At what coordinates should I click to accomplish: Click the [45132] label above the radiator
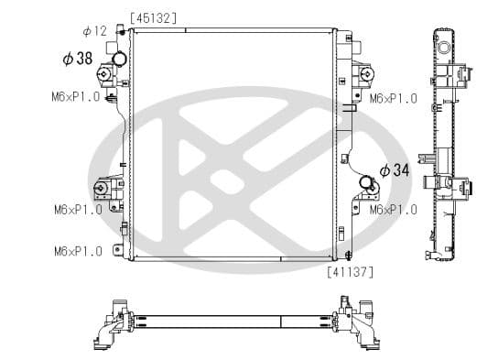click(x=154, y=17)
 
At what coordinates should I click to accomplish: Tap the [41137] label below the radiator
click(x=349, y=271)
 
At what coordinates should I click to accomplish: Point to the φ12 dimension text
click(x=95, y=31)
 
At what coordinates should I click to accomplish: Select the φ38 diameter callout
click(x=78, y=59)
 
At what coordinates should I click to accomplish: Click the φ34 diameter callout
click(x=394, y=169)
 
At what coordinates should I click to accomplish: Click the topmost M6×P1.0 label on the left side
click(x=77, y=97)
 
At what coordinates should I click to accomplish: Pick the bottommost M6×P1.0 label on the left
click(x=77, y=251)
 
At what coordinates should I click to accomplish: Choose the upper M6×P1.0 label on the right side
click(x=393, y=97)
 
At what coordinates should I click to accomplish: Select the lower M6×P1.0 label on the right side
click(x=393, y=210)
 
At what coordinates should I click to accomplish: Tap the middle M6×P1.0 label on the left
click(x=77, y=210)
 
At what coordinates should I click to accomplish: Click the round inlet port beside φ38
click(x=119, y=61)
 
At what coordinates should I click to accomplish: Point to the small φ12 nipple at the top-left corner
click(x=121, y=31)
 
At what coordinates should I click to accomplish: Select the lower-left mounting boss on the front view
click(x=98, y=191)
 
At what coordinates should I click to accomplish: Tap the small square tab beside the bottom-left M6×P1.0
click(x=117, y=250)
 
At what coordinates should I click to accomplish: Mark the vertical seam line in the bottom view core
click(x=280, y=322)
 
